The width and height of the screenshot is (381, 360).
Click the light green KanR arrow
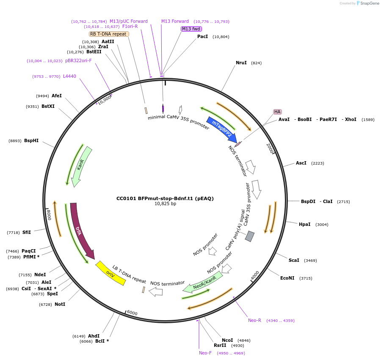82,165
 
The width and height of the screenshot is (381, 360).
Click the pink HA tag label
277,112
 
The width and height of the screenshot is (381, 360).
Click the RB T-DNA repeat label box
109,34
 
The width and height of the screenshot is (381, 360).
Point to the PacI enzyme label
203,37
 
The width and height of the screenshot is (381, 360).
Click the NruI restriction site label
241,63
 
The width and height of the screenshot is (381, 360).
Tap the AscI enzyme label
301,163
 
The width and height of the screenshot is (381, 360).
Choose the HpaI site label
305,225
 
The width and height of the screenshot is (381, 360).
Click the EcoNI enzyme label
287,278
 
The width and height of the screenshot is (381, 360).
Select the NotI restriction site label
60,304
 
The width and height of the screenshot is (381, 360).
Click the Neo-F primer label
205,353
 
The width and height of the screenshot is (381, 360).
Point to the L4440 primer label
70,76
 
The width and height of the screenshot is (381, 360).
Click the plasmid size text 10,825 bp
165,204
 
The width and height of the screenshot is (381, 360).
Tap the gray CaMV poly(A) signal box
250,236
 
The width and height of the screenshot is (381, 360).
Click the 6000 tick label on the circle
133,313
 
